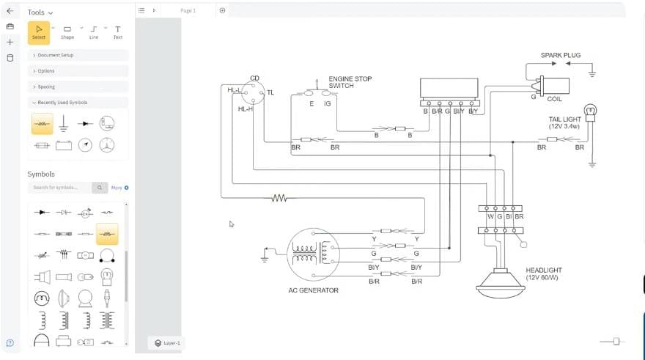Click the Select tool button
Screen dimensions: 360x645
click(x=39, y=32)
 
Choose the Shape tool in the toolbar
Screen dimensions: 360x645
click(x=67, y=32)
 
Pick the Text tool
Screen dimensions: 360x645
click(x=117, y=32)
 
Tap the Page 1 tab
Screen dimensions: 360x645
click(x=188, y=10)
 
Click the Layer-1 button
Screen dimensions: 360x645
click(x=167, y=342)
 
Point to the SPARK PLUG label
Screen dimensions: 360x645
click(x=560, y=55)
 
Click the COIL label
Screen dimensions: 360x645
click(x=555, y=99)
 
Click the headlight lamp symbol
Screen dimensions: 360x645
click(x=501, y=282)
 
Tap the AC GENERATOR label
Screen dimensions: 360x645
click(x=313, y=290)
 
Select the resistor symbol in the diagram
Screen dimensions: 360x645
click(x=279, y=197)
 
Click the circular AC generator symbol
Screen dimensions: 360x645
click(x=313, y=254)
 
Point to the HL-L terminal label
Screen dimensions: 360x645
click(x=235, y=89)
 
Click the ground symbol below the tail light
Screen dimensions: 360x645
click(x=592, y=165)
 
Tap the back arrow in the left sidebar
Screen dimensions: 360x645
click(x=10, y=11)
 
